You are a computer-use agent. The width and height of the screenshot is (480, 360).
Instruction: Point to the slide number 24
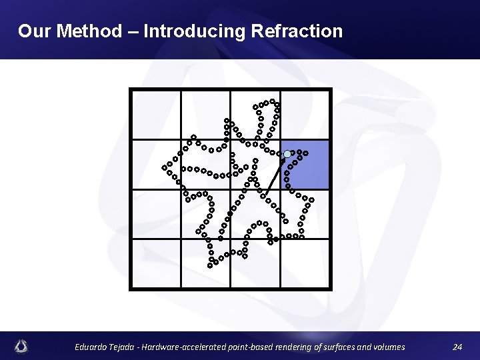pos(457,347)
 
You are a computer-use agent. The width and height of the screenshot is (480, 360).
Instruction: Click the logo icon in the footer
pos(22,346)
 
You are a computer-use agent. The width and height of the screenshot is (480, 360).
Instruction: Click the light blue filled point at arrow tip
pos(287,154)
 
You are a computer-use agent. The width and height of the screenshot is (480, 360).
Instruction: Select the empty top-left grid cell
pos(156,115)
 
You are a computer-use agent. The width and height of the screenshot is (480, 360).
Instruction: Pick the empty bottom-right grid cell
pos(305,263)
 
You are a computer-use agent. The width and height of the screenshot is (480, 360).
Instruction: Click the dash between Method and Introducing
pos(133,31)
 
